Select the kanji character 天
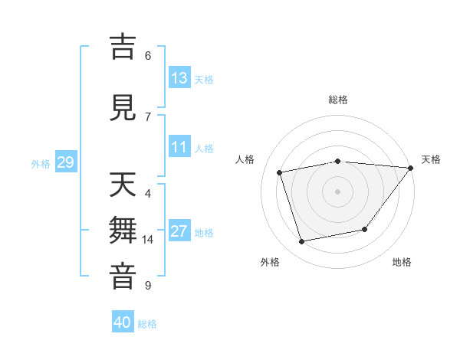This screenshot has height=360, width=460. (x=124, y=185)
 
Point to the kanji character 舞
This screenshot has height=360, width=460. (x=124, y=231)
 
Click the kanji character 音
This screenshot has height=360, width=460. (x=124, y=277)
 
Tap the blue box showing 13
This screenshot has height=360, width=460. (x=179, y=78)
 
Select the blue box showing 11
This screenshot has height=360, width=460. (x=179, y=147)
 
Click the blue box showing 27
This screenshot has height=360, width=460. (x=179, y=231)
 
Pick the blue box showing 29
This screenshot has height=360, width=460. (x=65, y=162)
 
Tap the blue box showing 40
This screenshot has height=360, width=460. (x=123, y=322)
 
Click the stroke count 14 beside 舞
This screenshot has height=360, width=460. (x=148, y=240)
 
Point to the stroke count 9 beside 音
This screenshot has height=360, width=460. (x=147, y=286)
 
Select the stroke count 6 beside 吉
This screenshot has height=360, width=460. (x=147, y=55)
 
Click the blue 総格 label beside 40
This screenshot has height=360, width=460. (x=147, y=324)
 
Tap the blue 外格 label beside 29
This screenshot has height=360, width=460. (x=41, y=163)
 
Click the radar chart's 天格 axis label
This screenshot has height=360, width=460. (x=431, y=159)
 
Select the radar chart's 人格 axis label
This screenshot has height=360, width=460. (x=245, y=159)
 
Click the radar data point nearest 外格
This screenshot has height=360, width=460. (x=302, y=242)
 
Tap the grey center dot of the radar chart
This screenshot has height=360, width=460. (x=337, y=191)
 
